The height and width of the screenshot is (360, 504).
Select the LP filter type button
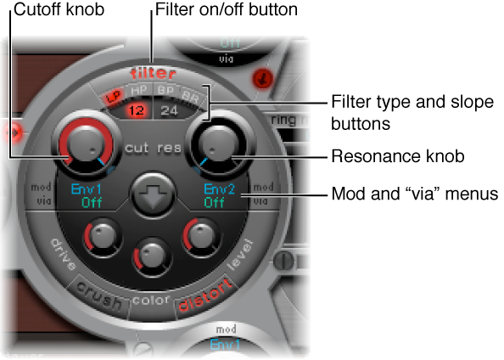point(111,95)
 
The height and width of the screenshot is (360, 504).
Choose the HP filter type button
point(139,90)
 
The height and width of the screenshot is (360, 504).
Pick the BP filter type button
point(167,90)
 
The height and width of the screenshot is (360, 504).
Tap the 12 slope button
point(137,109)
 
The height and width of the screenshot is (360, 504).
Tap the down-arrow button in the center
point(152,193)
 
